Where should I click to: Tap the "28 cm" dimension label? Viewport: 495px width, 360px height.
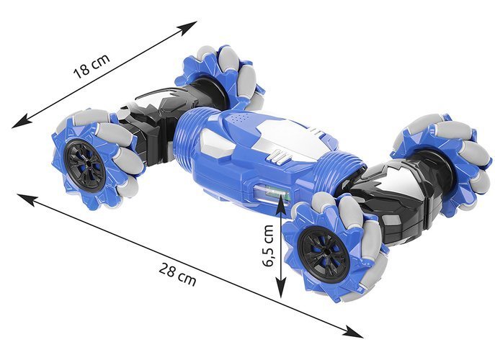177,275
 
